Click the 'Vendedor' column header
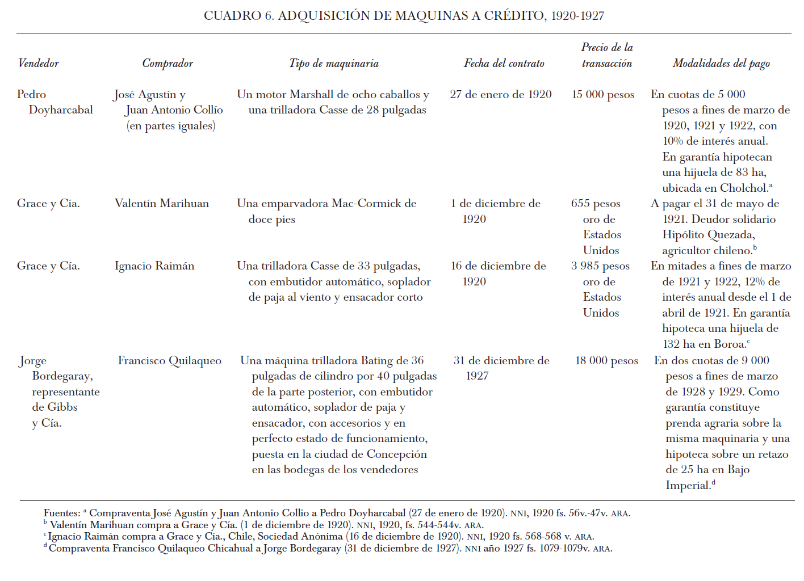pyautogui.click(x=38, y=64)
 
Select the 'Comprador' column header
pyautogui.click(x=167, y=64)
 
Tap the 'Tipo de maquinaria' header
pyautogui.click(x=334, y=64)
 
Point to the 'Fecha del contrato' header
pyautogui.click(x=504, y=64)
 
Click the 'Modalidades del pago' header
pyautogui.click(x=721, y=64)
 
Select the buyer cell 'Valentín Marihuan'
pyautogui.click(x=162, y=204)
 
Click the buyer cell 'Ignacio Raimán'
pyautogui.click(x=154, y=266)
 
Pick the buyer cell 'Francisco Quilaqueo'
pyautogui.click(x=170, y=361)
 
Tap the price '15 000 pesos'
pyautogui.click(x=603, y=95)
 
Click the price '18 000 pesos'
pyautogui.click(x=606, y=361)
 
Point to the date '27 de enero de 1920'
pyautogui.click(x=501, y=95)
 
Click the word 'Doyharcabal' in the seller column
pyautogui.click(x=61, y=110)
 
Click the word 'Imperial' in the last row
pyautogui.click(x=688, y=486)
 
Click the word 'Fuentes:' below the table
pyautogui.click(x=62, y=513)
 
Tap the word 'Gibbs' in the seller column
pyautogui.click(x=62, y=407)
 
